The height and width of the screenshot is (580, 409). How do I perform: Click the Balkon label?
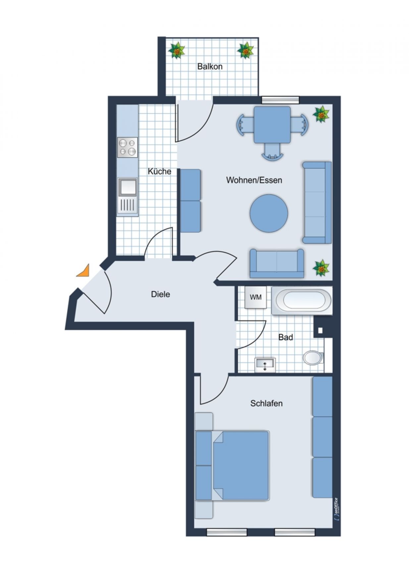[x=210, y=66]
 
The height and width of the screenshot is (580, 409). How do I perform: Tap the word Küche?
[x=159, y=171]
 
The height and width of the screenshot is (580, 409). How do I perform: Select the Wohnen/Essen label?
[x=254, y=180]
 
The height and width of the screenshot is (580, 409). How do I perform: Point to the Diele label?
[x=160, y=294]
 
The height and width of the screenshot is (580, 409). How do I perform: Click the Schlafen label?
[x=266, y=403]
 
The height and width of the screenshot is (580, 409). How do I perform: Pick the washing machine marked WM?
[x=255, y=297]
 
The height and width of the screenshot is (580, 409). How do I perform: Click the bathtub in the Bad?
[x=301, y=300]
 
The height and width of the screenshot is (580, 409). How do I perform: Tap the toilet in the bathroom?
[x=313, y=357]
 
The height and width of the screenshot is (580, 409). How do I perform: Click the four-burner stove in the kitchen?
[x=128, y=147]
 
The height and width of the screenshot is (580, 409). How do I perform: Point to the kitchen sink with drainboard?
[x=128, y=196]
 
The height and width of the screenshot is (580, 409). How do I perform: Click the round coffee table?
[x=269, y=213]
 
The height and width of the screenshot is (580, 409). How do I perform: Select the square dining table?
[x=272, y=125]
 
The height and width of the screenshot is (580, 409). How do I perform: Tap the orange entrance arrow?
[x=84, y=271]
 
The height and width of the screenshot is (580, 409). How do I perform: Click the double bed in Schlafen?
[x=232, y=466]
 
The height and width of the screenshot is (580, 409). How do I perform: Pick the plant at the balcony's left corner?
[x=177, y=51]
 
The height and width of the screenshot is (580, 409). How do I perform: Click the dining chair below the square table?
[x=272, y=152]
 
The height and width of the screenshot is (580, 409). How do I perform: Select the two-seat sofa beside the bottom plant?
[x=277, y=263]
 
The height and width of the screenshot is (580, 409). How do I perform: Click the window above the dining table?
[x=280, y=99]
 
